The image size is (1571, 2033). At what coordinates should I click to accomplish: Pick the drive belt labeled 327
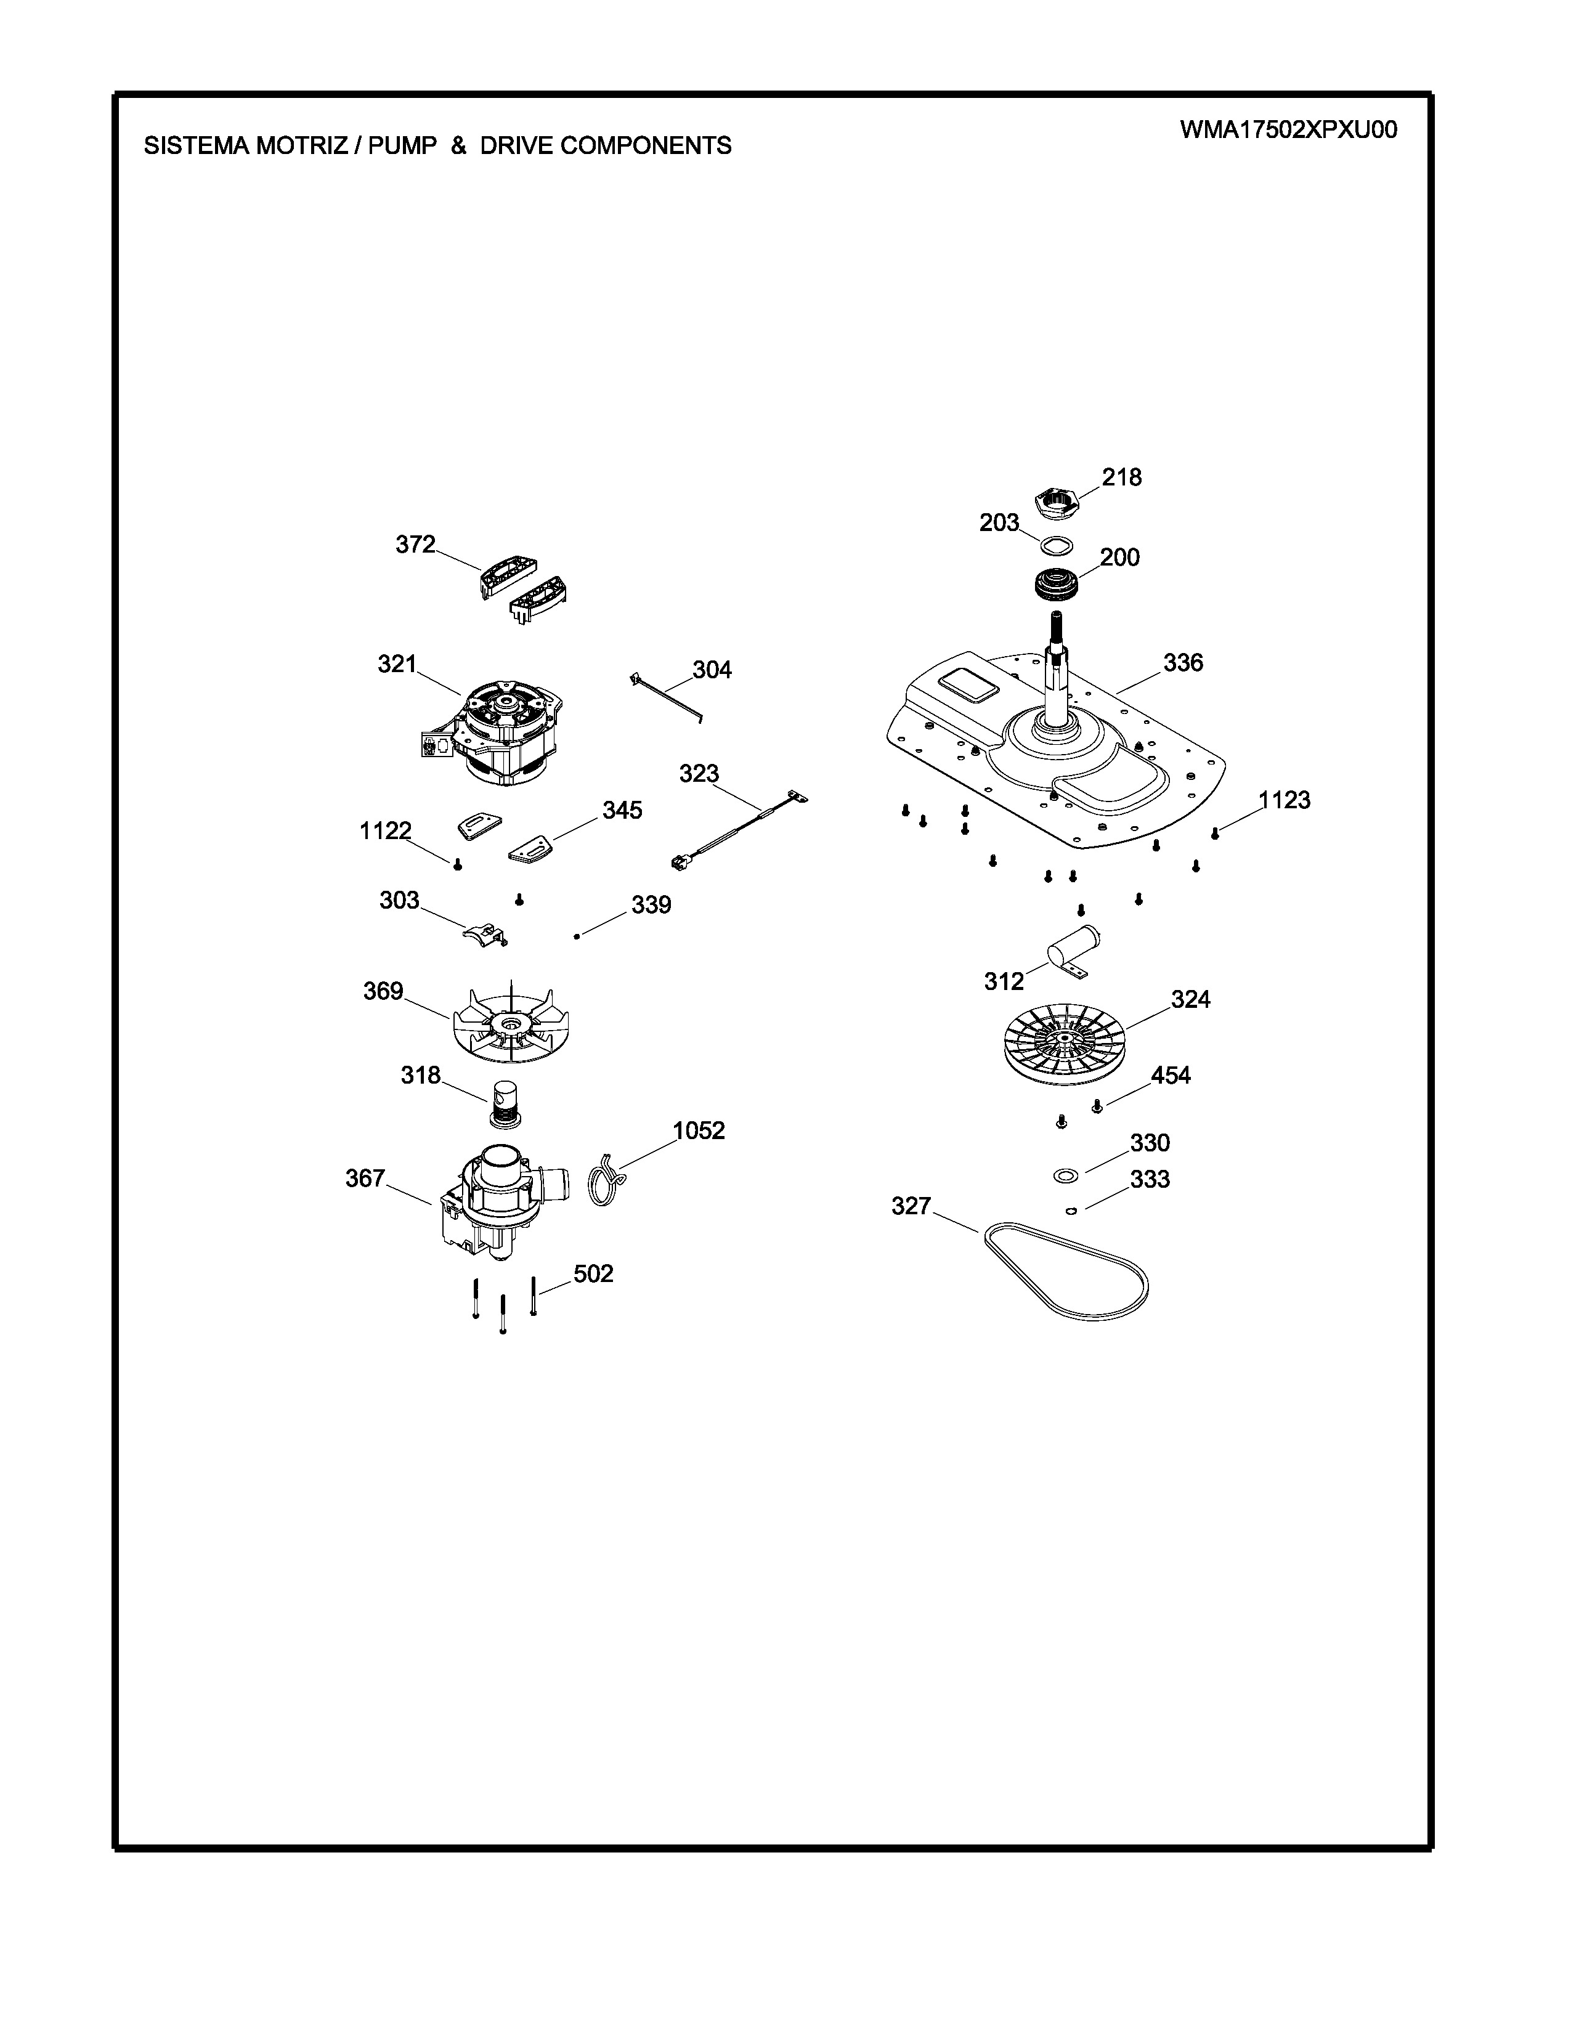click(x=1063, y=1270)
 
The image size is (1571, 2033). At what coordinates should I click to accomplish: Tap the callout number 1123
click(x=1285, y=800)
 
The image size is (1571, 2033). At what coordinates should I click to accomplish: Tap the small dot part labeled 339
click(x=577, y=936)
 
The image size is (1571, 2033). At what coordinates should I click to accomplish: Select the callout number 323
click(x=699, y=774)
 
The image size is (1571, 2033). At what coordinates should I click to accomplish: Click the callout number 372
click(x=415, y=545)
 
